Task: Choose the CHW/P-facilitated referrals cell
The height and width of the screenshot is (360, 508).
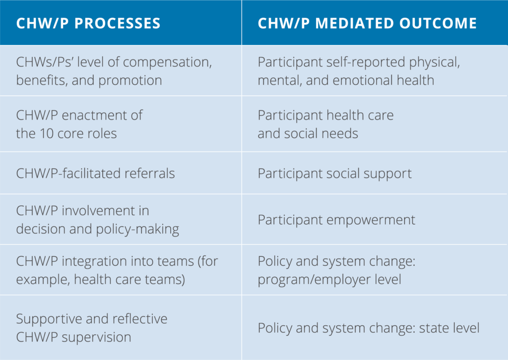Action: pyautogui.click(x=95, y=173)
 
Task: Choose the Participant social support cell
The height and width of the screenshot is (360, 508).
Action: pyautogui.click(x=334, y=174)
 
